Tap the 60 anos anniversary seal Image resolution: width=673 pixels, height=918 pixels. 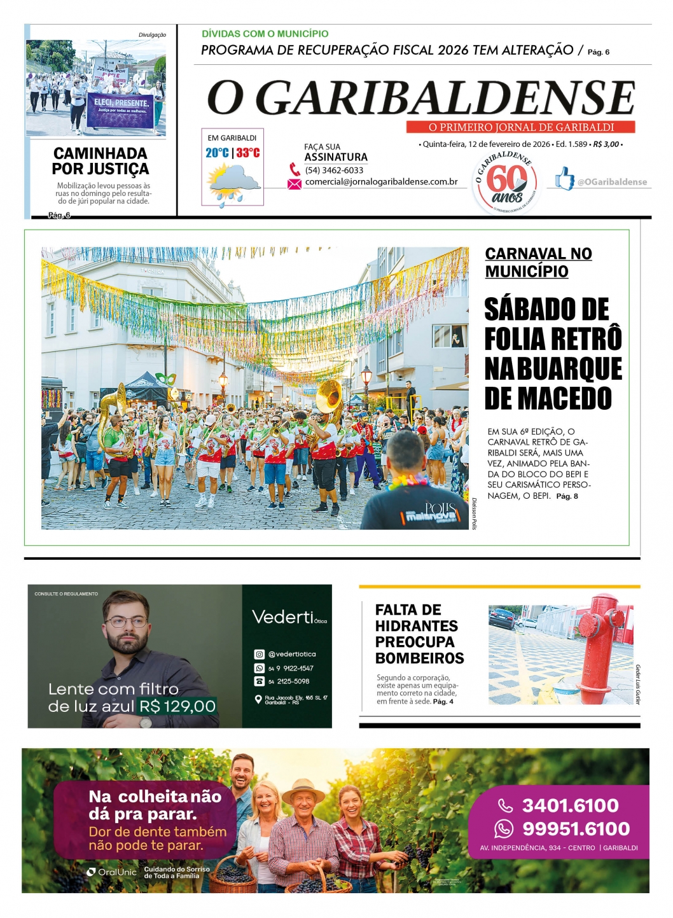[506, 184]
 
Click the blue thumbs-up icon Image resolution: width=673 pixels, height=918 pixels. [564, 179]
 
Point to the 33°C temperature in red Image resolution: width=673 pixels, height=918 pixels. [248, 153]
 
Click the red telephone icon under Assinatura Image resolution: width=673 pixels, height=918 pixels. [295, 170]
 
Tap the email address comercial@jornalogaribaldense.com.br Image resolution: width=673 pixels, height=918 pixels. [381, 182]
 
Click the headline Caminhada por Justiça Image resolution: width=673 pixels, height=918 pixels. [101, 161]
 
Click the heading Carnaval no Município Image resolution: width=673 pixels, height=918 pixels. [538, 262]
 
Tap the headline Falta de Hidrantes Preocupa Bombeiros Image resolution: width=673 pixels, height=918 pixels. [419, 634]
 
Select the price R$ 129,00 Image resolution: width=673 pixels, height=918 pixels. [177, 706]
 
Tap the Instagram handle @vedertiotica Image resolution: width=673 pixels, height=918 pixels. [291, 654]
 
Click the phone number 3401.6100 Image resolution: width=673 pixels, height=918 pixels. [570, 805]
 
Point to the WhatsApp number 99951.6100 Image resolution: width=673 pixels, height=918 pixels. [576, 829]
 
